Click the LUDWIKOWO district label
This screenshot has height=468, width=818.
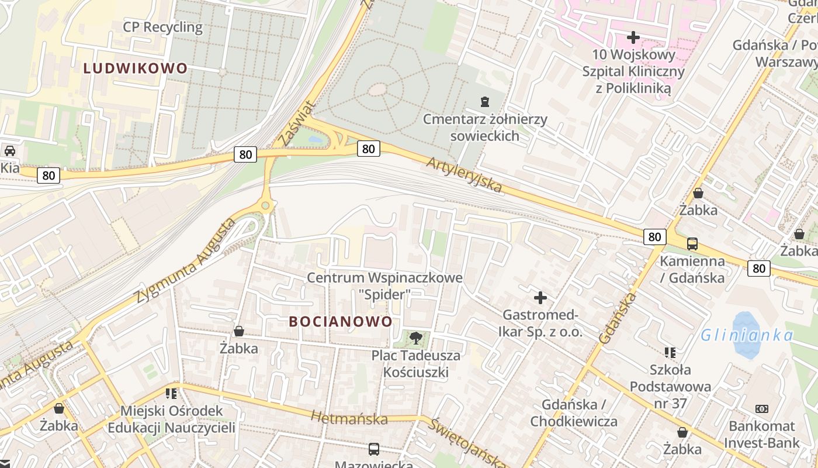click(135, 68)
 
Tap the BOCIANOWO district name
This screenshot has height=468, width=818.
click(341, 322)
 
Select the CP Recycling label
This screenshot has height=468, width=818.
click(162, 27)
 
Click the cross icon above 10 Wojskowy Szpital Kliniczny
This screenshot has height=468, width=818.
click(633, 37)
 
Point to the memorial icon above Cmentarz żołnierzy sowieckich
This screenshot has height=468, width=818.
click(484, 102)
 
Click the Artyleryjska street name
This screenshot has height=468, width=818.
click(464, 174)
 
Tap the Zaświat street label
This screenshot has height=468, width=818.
click(297, 123)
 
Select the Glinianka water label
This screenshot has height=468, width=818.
click(747, 335)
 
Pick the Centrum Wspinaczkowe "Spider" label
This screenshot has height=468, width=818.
click(384, 285)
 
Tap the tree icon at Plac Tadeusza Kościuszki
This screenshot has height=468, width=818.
click(415, 338)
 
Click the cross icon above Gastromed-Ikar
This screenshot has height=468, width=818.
click(540, 298)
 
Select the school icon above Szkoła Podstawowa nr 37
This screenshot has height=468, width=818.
click(670, 352)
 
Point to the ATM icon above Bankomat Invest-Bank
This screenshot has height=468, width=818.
click(762, 409)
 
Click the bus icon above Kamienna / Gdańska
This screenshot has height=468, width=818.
click(692, 243)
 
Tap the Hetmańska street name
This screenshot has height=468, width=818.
click(349, 418)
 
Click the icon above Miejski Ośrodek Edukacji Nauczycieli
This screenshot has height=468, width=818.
click(171, 393)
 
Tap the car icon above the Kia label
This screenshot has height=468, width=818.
click(10, 150)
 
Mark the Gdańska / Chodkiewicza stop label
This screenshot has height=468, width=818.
click(574, 413)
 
